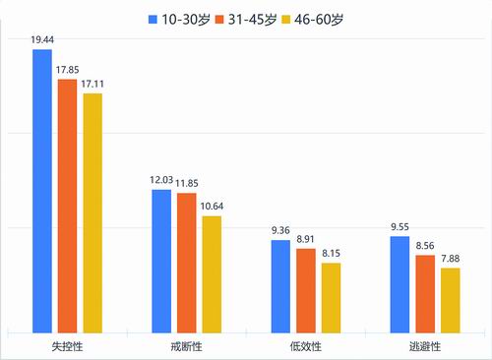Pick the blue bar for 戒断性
pos(161,261)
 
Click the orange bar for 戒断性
pos(187,262)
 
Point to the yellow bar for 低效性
pos(331,297)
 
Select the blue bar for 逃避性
pos(400,283)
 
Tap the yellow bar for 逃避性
pos(450,300)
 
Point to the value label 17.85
pos(68,70)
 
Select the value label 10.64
pos(212,206)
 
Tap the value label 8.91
pos(306,238)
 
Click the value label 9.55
pos(400,226)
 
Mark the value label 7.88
pos(450,258)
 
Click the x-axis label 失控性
pos(68,347)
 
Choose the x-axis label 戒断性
pos(186,347)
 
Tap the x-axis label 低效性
pos(306,347)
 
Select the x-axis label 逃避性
pos(425,347)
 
